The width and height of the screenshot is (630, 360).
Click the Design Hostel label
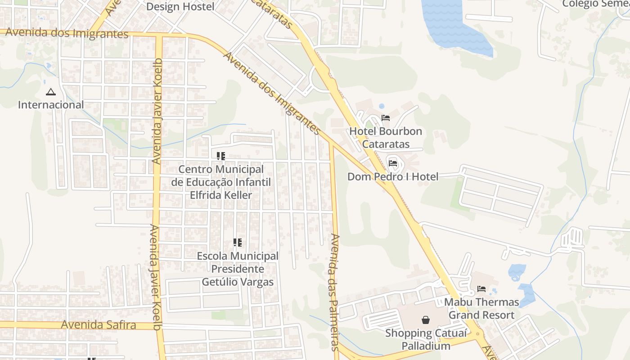point(180,7)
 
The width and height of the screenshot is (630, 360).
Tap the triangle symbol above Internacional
point(50,92)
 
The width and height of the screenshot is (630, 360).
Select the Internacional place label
point(51,105)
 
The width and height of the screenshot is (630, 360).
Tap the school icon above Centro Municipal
point(221,156)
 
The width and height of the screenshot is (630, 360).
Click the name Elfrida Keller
point(221,195)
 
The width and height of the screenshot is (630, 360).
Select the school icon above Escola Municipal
point(238,243)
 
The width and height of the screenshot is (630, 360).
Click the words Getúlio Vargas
point(238,282)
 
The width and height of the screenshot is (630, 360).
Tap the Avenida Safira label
point(99,324)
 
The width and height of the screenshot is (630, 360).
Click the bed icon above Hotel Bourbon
point(386,118)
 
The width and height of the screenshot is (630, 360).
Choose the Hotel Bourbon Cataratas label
point(386,138)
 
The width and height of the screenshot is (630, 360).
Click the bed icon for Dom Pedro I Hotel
point(393,163)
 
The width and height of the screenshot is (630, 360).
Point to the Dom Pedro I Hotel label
point(393,177)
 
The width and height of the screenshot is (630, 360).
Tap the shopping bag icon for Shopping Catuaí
point(425,320)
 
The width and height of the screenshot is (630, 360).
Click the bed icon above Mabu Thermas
point(481,288)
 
